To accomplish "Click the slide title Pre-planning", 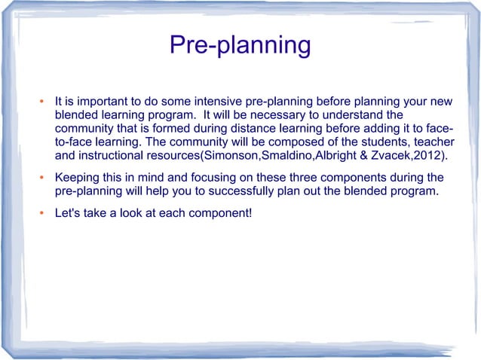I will [240, 45].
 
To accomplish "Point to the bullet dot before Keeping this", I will [44, 178].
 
